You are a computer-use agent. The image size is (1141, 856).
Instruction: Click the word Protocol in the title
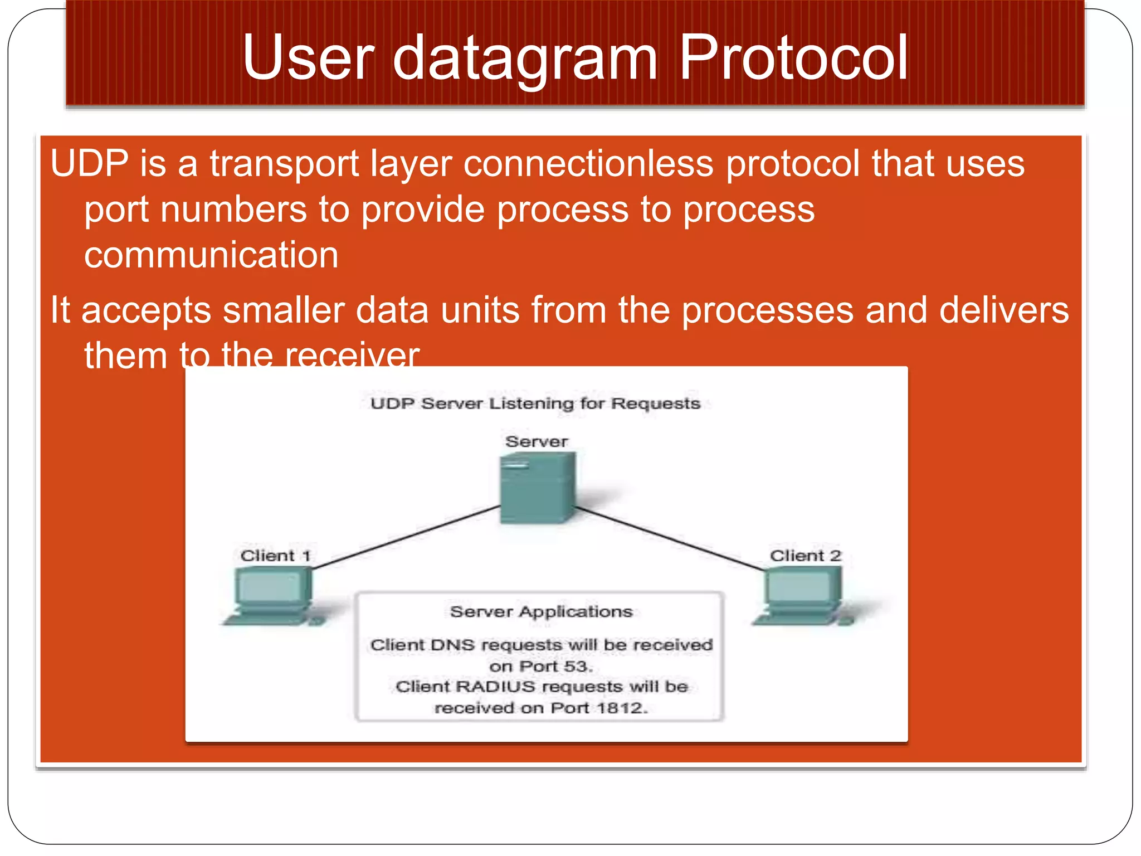pyautogui.click(x=793, y=57)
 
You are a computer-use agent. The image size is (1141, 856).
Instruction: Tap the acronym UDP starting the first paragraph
pyautogui.click(x=89, y=163)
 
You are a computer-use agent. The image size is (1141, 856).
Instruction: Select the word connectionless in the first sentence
pyautogui.click(x=588, y=163)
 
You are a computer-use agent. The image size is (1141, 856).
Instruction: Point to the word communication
pyautogui.click(x=211, y=255)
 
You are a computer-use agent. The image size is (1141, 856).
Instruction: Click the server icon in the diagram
pyautogui.click(x=537, y=487)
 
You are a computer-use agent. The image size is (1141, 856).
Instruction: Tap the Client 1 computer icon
pyautogui.click(x=272, y=595)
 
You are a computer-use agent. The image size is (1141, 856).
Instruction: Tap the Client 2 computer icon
pyautogui.click(x=802, y=595)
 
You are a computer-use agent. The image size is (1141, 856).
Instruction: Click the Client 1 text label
pyautogui.click(x=275, y=556)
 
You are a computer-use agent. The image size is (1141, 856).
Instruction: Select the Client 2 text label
pyautogui.click(x=805, y=556)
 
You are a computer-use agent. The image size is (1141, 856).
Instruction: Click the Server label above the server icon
pyautogui.click(x=536, y=441)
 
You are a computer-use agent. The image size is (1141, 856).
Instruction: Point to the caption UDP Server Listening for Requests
pyautogui.click(x=535, y=403)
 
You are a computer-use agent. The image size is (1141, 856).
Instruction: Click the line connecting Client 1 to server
pyautogui.click(x=407, y=537)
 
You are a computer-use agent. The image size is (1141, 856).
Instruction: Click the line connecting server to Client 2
pyautogui.click(x=669, y=538)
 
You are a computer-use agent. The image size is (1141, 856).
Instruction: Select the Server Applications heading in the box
pyautogui.click(x=541, y=611)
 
